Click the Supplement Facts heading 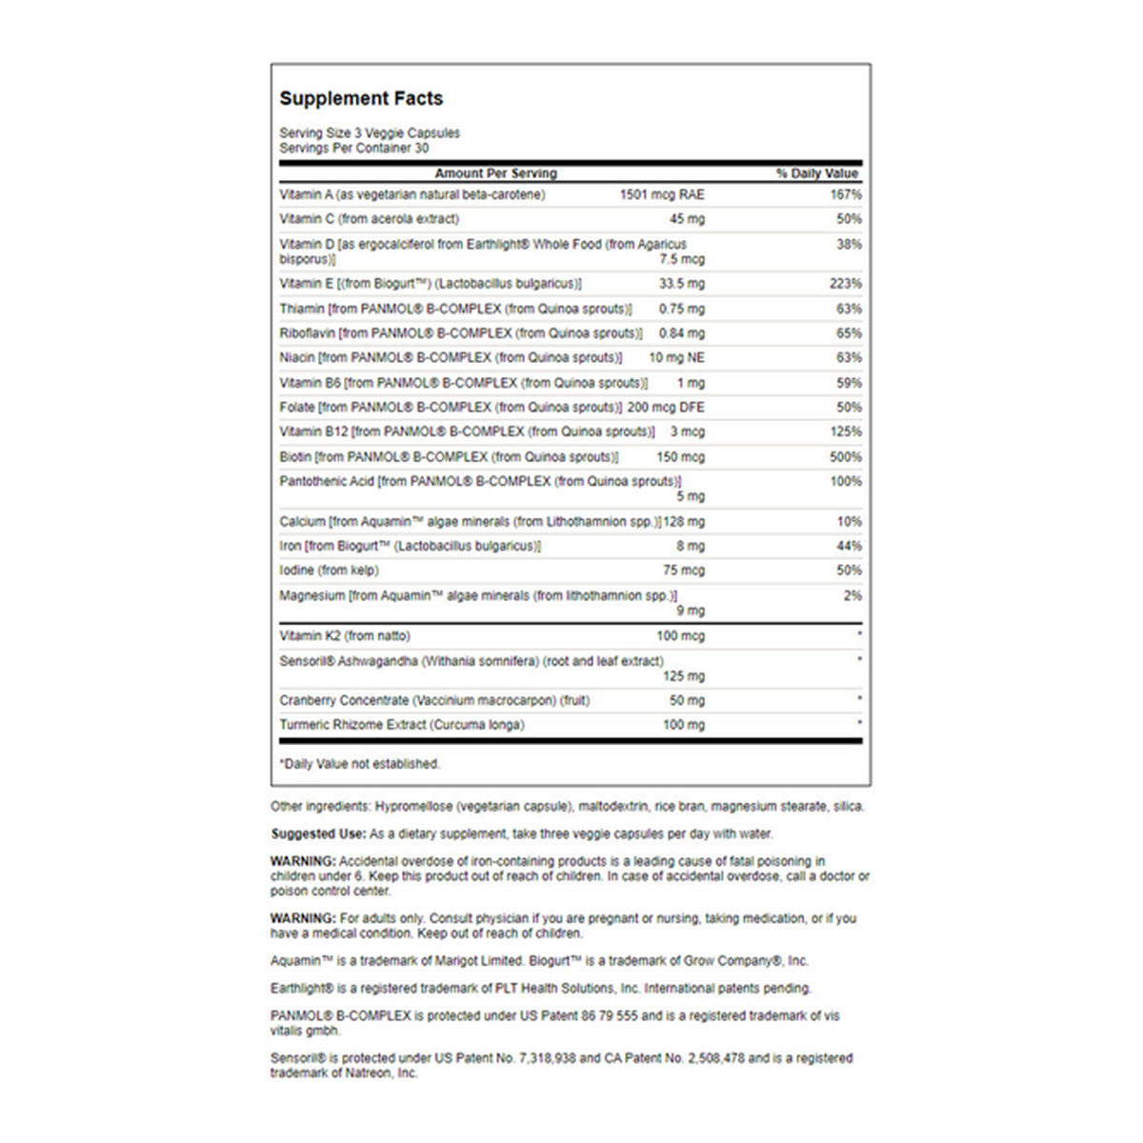click(x=361, y=98)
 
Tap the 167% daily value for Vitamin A click(x=846, y=194)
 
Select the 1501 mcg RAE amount click(x=662, y=194)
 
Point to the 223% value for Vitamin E click(x=846, y=284)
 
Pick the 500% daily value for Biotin click(x=846, y=457)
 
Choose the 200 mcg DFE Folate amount click(x=666, y=408)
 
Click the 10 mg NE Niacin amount click(x=676, y=358)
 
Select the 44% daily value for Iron click(x=850, y=547)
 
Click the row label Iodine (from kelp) click(x=329, y=571)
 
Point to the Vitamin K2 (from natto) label click(x=345, y=635)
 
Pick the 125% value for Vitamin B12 click(x=846, y=432)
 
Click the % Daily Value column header click(x=817, y=173)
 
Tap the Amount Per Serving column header click(x=495, y=173)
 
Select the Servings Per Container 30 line click(x=353, y=149)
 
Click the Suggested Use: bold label click(x=318, y=833)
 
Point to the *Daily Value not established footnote click(x=359, y=764)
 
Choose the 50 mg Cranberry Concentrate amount click(x=687, y=701)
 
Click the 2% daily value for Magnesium click(x=852, y=596)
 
